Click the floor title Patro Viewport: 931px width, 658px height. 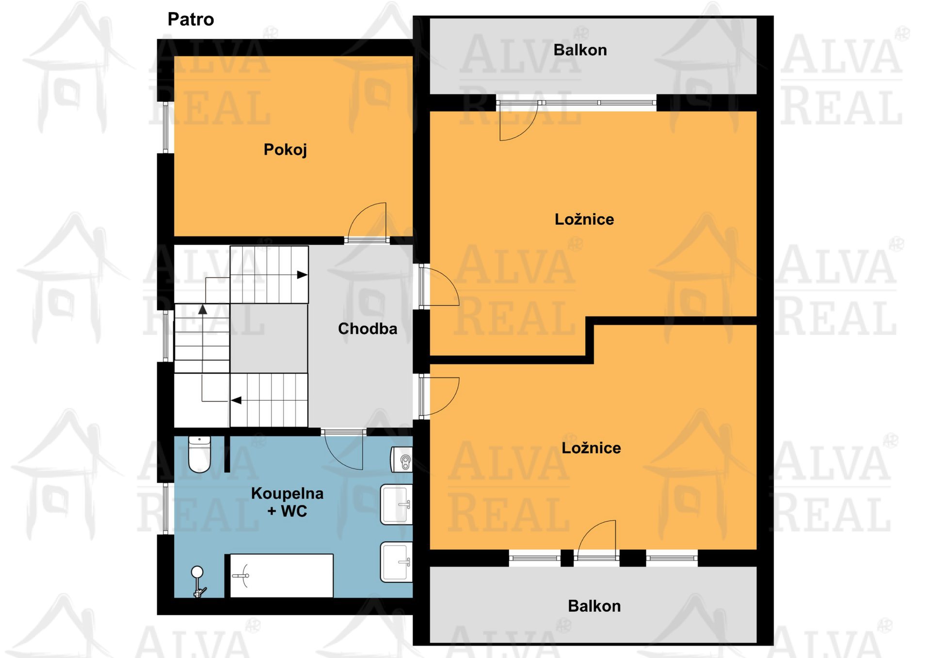click(x=191, y=19)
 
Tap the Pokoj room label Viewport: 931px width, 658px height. click(x=285, y=149)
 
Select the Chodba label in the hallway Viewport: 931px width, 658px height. click(x=368, y=329)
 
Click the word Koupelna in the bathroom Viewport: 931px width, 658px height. click(x=287, y=493)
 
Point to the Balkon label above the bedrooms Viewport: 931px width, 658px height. click(x=580, y=50)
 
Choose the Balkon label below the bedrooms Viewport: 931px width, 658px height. click(x=594, y=606)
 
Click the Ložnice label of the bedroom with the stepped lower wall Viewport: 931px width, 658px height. click(x=584, y=219)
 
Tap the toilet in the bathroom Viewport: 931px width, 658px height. click(x=199, y=454)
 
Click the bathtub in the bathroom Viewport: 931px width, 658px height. click(x=281, y=576)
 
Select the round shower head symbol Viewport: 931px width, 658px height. click(x=197, y=572)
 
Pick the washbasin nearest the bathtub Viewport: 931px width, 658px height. click(x=396, y=562)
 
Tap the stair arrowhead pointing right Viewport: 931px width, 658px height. click(x=302, y=275)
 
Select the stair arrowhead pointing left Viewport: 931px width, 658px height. click(x=236, y=400)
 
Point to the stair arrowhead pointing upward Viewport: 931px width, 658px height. click(x=203, y=309)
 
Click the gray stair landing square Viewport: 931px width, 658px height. click(x=269, y=338)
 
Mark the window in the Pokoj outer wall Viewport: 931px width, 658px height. click(x=165, y=127)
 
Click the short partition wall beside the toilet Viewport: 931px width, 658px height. click(x=227, y=454)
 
